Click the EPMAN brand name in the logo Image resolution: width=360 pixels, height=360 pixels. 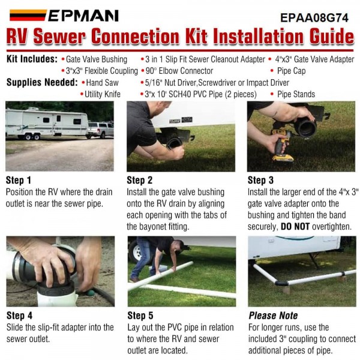coord(83,16)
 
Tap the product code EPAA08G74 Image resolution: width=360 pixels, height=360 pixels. coord(314,18)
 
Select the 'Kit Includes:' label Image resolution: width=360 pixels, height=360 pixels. coord(32,59)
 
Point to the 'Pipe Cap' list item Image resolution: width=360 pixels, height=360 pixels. coord(291,71)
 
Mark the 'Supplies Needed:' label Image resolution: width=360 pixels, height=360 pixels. coord(42,82)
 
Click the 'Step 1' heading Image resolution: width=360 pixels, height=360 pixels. coord(19,180)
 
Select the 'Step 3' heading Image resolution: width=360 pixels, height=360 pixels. coord(260,180)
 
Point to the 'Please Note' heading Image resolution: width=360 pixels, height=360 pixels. coord(273,316)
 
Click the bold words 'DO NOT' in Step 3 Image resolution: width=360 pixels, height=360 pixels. coord(295,227)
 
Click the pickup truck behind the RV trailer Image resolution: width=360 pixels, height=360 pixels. coord(100,130)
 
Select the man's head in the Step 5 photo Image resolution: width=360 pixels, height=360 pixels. coord(179,245)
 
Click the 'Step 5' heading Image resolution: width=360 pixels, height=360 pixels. coord(140,316)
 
